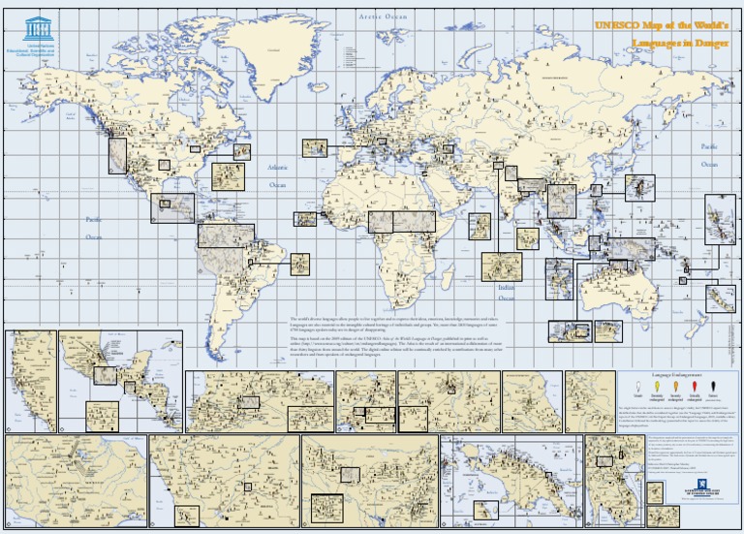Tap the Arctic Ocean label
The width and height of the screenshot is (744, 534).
384,16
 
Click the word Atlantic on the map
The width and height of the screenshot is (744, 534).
277,168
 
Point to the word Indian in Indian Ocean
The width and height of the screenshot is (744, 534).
507,288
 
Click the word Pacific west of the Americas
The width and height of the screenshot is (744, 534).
94,219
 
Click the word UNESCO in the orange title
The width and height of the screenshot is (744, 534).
620,25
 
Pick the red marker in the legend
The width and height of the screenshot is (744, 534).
695,387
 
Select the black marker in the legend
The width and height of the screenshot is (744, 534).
715,387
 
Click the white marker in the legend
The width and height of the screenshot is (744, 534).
637,387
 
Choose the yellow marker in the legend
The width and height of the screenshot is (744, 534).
657,387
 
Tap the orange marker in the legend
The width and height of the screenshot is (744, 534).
676,387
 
